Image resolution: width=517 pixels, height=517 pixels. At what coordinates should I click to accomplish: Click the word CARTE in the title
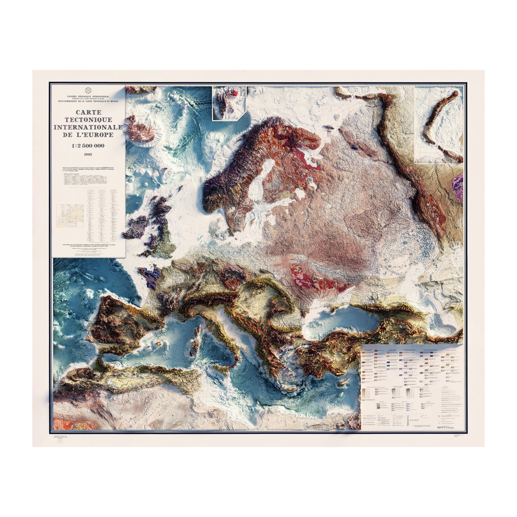coord(88,112)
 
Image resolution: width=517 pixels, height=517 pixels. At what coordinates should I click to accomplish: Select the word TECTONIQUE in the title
coord(88,120)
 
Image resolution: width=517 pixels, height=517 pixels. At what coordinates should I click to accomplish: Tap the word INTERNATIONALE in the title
coord(88,127)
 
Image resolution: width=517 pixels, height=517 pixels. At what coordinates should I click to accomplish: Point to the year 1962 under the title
coord(88,154)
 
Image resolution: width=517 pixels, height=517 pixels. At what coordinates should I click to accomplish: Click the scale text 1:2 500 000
coord(88,146)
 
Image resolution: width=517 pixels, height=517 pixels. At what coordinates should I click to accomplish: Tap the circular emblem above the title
coord(88,90)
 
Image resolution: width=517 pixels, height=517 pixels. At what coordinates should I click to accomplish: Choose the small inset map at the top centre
coord(229,103)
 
